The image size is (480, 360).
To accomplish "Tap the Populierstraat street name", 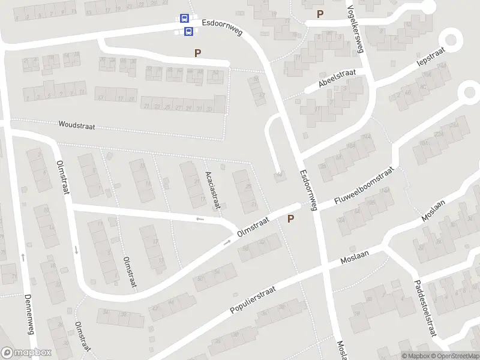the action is [x=253, y=300].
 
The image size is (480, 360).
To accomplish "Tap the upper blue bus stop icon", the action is [x=184, y=19].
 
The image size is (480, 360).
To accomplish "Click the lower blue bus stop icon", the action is [x=188, y=31].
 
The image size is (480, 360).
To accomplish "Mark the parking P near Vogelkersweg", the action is [x=320, y=14].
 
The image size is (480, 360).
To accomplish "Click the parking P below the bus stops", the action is [x=197, y=53].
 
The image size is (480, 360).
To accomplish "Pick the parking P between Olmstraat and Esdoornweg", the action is [x=291, y=219].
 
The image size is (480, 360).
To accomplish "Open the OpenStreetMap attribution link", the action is [x=455, y=356].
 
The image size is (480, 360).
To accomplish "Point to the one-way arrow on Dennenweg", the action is [x=23, y=257].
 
